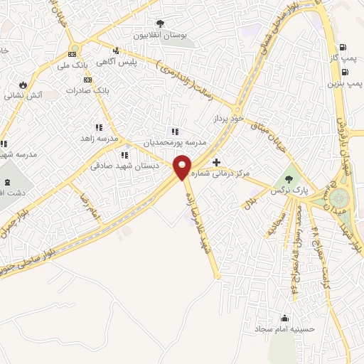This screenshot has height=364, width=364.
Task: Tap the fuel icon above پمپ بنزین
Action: (345, 72)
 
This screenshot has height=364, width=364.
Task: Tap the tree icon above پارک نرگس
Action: (289, 178)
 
